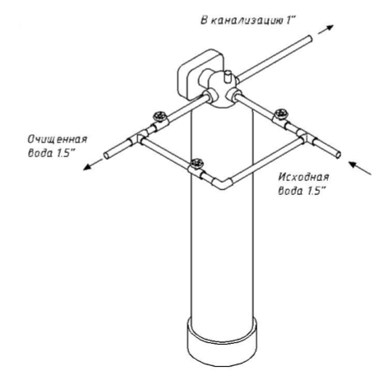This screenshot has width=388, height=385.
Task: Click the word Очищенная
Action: pyautogui.click(x=58, y=139)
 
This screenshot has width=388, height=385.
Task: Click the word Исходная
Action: pyautogui.click(x=303, y=177)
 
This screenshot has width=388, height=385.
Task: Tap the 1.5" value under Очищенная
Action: pyautogui.click(x=66, y=153)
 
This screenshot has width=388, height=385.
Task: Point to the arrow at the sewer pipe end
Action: pyautogui.click(x=326, y=30)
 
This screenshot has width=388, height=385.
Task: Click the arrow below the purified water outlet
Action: pyautogui.click(x=92, y=165)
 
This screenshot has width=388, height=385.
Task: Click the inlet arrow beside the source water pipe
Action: pyautogui.click(x=360, y=168)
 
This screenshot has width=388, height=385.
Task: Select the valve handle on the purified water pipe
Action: pyautogui.click(x=160, y=116)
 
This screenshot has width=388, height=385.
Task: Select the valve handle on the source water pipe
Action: pyautogui.click(x=281, y=113)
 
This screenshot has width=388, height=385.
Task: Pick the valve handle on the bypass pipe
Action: pyautogui.click(x=197, y=163)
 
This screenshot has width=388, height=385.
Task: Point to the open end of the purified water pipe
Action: pyautogui.click(x=107, y=155)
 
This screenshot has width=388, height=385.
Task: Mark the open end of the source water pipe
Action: pyautogui.click(x=339, y=155)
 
